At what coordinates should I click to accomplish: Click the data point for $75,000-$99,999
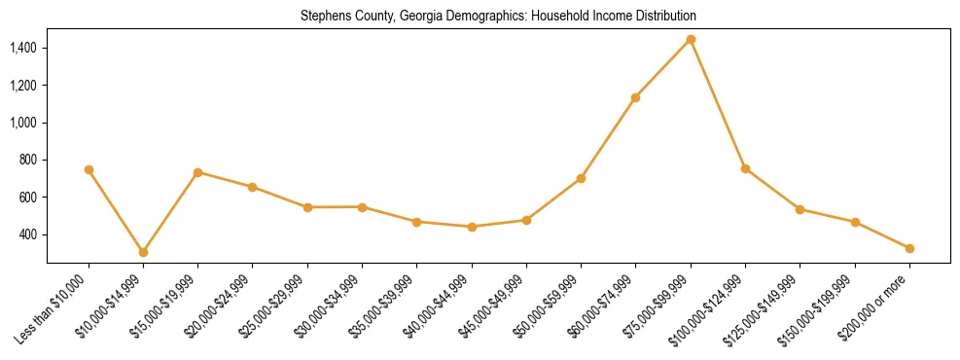click(x=691, y=40)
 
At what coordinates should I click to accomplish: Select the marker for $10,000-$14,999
click(x=143, y=252)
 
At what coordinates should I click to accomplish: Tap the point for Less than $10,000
click(x=89, y=169)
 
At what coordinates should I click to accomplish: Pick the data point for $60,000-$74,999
click(x=635, y=97)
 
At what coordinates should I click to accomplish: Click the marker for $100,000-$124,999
click(x=745, y=168)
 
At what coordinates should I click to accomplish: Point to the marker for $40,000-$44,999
click(x=472, y=227)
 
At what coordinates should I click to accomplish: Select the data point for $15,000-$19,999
click(x=197, y=172)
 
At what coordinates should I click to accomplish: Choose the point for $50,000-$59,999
click(x=581, y=178)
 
